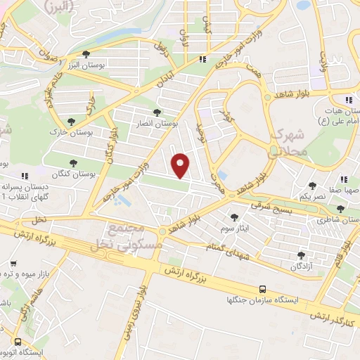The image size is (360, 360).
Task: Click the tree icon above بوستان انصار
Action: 157,112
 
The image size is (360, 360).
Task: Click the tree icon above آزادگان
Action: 302,255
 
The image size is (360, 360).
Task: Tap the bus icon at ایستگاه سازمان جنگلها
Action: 262,288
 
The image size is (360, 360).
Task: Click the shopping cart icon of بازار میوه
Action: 13,263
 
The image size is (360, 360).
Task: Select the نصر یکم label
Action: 312,197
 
